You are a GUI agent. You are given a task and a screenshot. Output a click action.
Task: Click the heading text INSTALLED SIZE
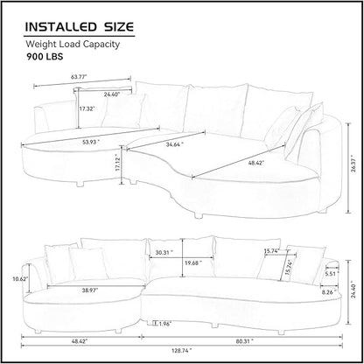point(80,26)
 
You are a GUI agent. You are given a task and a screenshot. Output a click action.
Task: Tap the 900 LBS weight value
point(45,56)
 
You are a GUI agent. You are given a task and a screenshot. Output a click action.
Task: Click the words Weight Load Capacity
point(73,45)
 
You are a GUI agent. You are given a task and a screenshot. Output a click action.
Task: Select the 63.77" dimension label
point(79,77)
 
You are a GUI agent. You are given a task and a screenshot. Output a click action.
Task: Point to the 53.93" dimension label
point(91,142)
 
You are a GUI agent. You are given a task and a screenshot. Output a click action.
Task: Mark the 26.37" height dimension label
point(353,168)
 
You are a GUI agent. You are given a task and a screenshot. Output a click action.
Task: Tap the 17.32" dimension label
point(87,108)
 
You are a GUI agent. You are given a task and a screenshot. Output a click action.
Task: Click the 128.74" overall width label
point(182,350)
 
